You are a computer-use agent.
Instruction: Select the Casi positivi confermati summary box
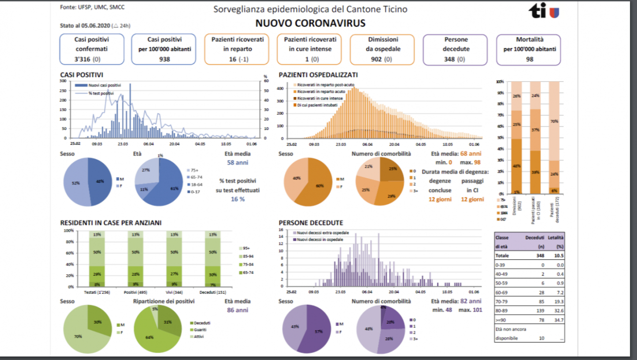click(x=92, y=49)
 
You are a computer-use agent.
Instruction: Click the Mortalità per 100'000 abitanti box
click(x=528, y=49)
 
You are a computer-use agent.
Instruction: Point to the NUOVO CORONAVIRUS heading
click(x=310, y=23)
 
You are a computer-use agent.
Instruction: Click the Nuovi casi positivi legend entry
click(x=104, y=86)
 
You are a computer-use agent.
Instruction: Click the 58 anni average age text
click(x=237, y=162)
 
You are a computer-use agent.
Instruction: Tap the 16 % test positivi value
click(x=238, y=199)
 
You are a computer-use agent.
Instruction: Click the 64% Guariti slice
click(x=150, y=336)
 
